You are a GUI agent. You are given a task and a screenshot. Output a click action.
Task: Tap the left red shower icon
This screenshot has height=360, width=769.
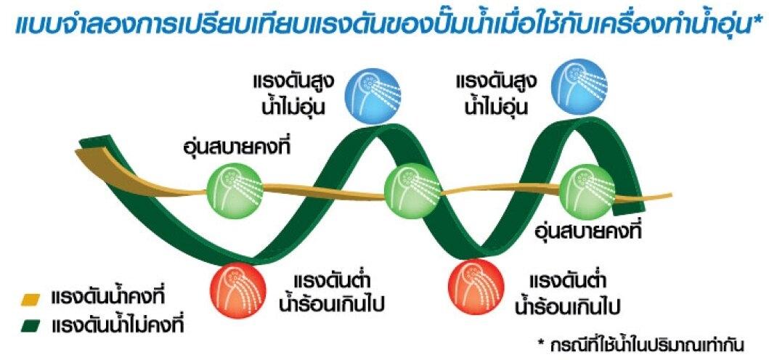click(238, 287)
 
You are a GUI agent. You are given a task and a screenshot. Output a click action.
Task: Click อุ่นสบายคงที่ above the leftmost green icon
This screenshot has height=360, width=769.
click(236, 146)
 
